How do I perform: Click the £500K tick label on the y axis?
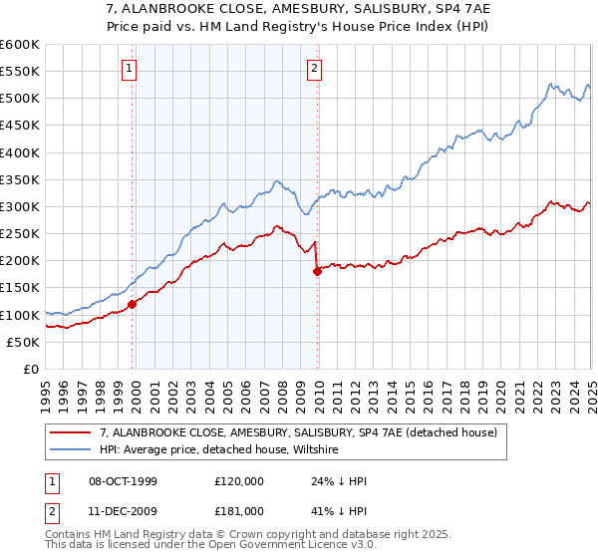pyautogui.click(x=19, y=99)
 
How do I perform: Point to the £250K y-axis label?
pyautogui.click(x=19, y=234)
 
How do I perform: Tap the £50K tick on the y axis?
pyautogui.click(x=23, y=343)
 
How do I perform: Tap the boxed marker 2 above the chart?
pyautogui.click(x=314, y=69)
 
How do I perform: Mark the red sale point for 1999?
pyautogui.click(x=132, y=304)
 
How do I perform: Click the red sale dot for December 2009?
pyautogui.click(x=317, y=270)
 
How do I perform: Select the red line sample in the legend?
pyautogui.click(x=71, y=432)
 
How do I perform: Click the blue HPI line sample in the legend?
pyautogui.click(x=71, y=449)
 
